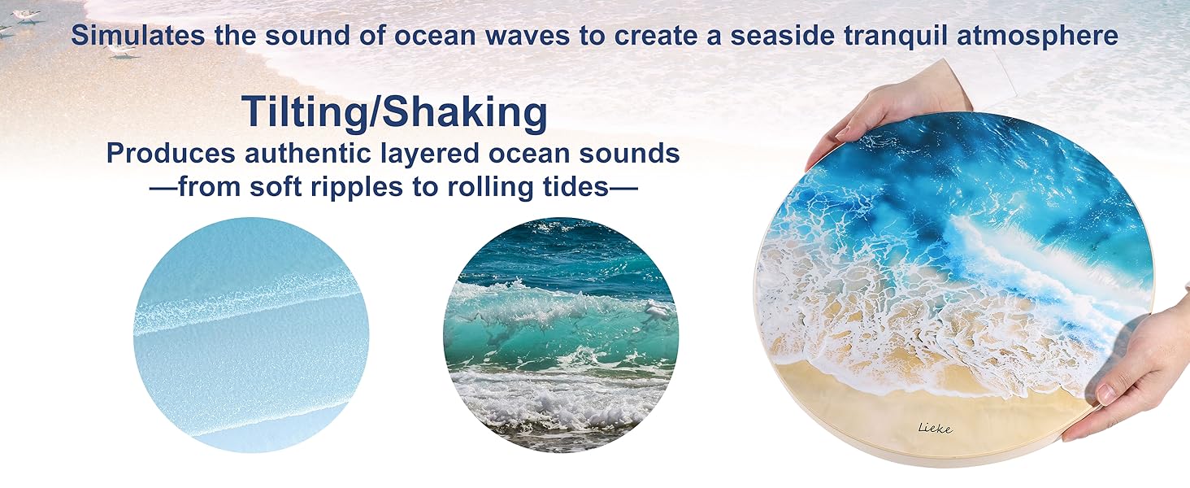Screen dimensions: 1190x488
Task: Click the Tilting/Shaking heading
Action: tap(394, 112)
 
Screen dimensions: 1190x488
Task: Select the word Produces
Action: tap(171, 153)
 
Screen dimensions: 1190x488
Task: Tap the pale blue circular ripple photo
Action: tap(251, 335)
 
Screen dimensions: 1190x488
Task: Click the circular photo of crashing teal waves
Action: tap(561, 335)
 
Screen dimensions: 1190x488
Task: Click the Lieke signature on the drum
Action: tap(935, 428)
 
